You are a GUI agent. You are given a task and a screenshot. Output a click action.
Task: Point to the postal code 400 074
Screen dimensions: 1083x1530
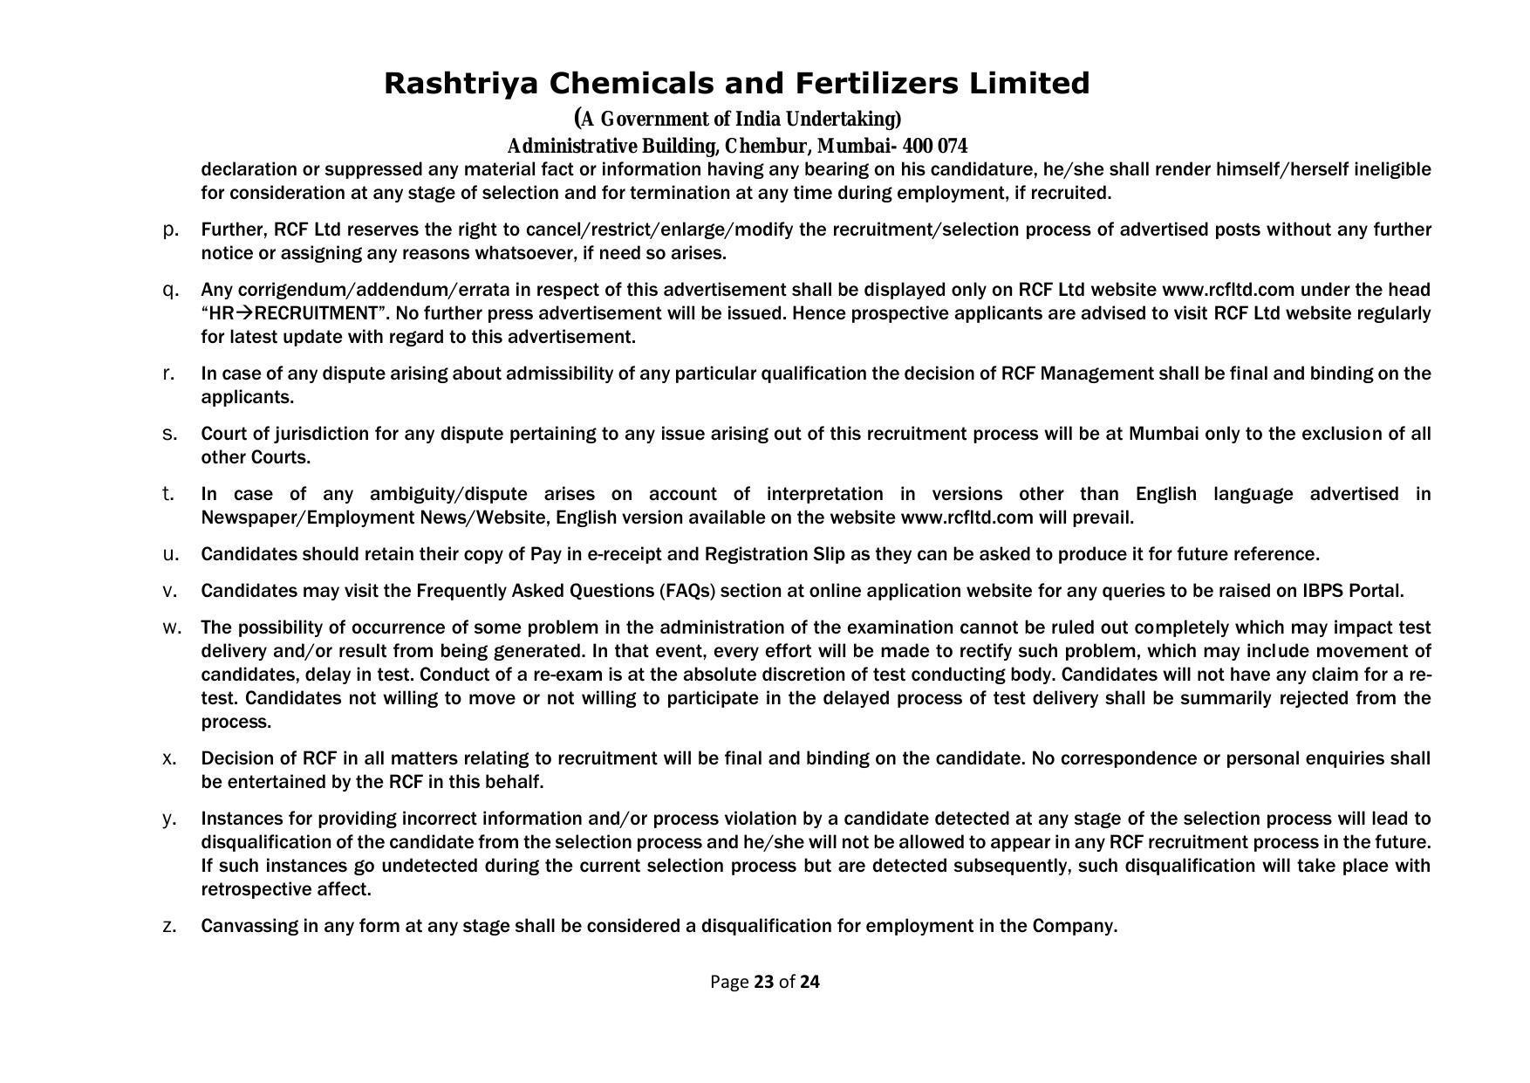[935, 146]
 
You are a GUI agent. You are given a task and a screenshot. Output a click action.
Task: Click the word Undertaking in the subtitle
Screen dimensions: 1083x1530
[844, 119]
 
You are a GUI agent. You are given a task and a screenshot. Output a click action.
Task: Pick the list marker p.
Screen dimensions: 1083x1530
[171, 230]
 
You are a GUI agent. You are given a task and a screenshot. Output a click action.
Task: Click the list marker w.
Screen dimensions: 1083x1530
[172, 627]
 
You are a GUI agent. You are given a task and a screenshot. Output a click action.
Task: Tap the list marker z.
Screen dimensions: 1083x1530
[170, 926]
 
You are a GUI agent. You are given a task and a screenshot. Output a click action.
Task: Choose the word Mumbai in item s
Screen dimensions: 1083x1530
[1164, 434]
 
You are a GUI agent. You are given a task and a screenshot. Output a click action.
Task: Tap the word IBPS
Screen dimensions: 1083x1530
[1322, 591]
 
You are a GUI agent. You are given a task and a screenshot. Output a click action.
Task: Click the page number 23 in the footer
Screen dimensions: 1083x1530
[764, 982]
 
